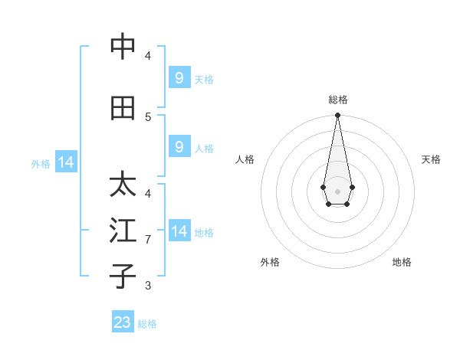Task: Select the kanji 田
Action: pyautogui.click(x=123, y=109)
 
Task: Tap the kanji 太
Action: pyautogui.click(x=123, y=185)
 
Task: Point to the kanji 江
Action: pyautogui.click(x=123, y=231)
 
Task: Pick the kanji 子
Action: pyautogui.click(x=123, y=275)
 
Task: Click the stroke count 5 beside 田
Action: pyautogui.click(x=148, y=116)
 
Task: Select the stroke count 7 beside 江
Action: pyautogui.click(x=148, y=240)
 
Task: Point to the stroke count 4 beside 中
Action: pyautogui.click(x=148, y=55)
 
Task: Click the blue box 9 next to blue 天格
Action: pyautogui.click(x=179, y=78)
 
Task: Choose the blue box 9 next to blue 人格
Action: pyautogui.click(x=179, y=147)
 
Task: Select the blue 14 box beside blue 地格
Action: pyautogui.click(x=179, y=231)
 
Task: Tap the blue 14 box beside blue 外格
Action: pyautogui.click(x=65, y=162)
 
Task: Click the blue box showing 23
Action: pyautogui.click(x=123, y=322)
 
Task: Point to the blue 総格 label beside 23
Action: pyautogui.click(x=147, y=324)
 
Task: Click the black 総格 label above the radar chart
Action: pyautogui.click(x=338, y=100)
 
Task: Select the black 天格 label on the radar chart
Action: pyautogui.click(x=431, y=159)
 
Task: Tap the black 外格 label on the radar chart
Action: pyautogui.click(x=270, y=262)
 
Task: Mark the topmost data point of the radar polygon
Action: pyautogui.click(x=337, y=116)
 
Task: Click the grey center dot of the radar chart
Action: pyautogui.click(x=337, y=190)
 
